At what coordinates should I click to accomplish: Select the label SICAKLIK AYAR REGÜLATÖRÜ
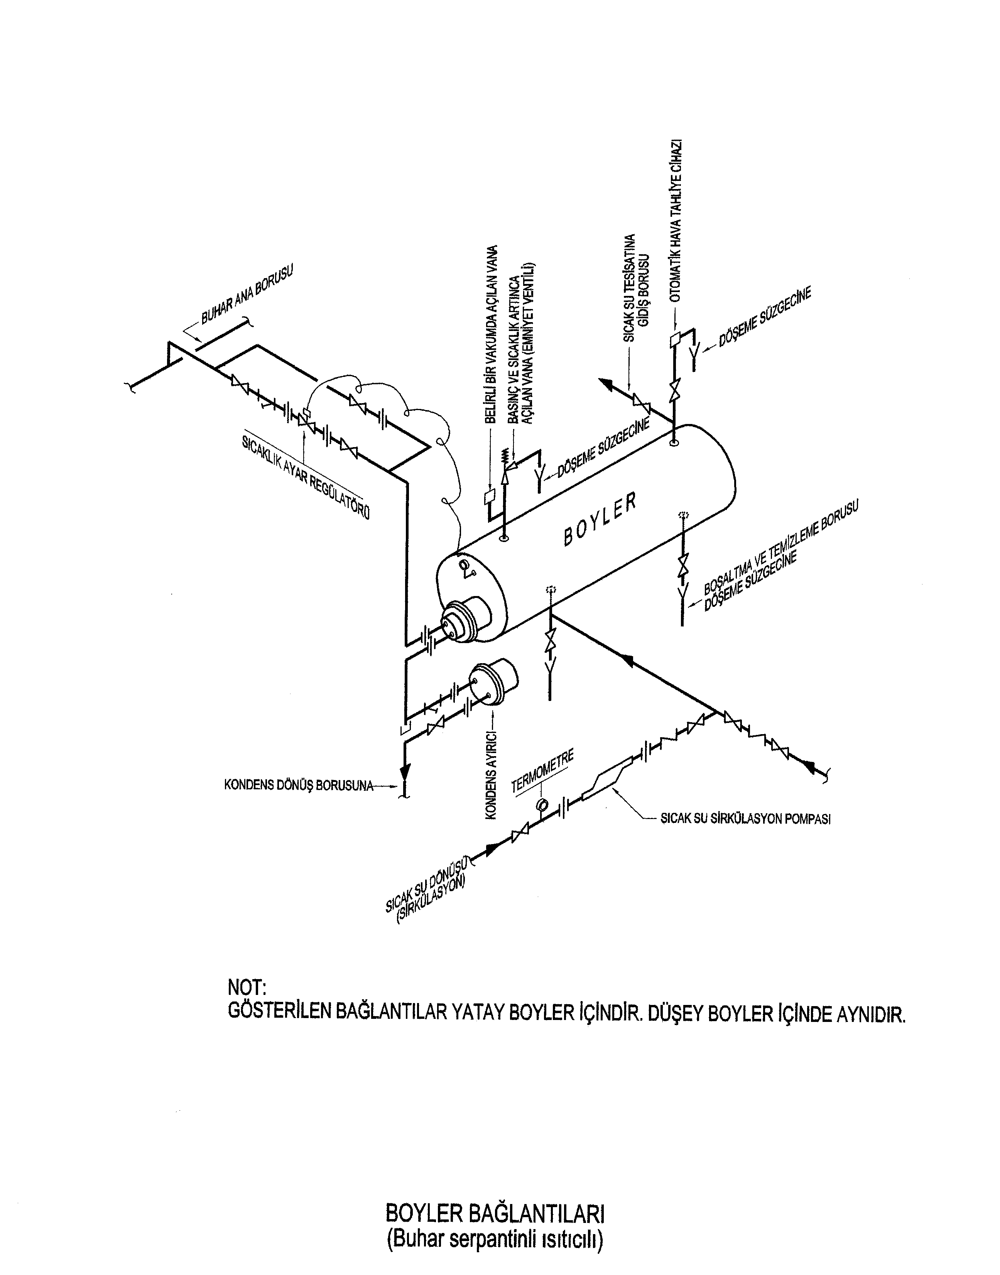click(305, 476)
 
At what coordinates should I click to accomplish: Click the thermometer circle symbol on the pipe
click(542, 802)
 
